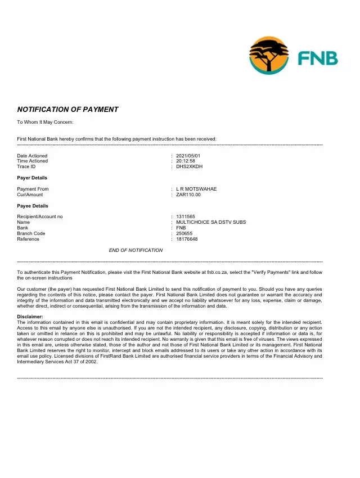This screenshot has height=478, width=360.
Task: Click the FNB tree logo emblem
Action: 269,55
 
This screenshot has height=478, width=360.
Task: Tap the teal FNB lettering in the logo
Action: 318,58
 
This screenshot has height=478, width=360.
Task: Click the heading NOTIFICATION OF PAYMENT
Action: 67,110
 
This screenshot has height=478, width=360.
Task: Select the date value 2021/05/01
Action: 188,156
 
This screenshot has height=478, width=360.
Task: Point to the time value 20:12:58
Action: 186,161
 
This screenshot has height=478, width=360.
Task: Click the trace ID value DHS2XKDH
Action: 189,166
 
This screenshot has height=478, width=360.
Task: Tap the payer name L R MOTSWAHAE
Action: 196,189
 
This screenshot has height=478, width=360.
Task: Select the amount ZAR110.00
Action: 188,195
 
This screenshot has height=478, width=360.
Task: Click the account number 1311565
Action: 186,217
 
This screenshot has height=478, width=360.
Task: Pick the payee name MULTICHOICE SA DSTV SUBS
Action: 211,222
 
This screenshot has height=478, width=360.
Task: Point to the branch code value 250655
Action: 184,233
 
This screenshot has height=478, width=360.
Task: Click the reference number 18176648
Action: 187,239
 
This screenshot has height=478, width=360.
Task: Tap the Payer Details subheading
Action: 32,178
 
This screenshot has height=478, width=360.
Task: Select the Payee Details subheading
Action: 33,206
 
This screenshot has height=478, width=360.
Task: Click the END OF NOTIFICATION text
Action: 136,250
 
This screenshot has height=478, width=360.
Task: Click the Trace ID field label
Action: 26,166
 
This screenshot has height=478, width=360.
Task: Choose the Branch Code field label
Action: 31,233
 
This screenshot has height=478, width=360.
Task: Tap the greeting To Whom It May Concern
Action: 45,122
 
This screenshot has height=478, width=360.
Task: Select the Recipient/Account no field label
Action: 40,217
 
